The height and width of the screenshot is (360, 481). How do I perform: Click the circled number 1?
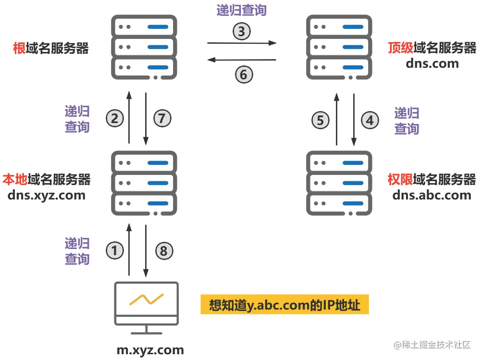point(115,250)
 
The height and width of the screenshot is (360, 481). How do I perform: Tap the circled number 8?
point(163,250)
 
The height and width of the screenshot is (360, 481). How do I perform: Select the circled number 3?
point(242,31)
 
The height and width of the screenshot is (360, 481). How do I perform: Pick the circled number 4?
point(370,120)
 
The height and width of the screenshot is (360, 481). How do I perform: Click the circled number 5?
point(321,120)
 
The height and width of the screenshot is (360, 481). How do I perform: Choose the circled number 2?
point(115,118)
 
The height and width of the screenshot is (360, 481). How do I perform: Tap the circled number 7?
point(162,118)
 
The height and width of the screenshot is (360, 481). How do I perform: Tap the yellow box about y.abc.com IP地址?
point(285,305)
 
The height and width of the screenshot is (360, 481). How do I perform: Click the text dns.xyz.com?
point(47,195)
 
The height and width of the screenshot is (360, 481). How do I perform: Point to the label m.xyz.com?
point(150,350)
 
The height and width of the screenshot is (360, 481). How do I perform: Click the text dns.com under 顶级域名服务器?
point(432,63)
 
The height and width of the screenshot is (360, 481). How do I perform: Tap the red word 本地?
point(14,180)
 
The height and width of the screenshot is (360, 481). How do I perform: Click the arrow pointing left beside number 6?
point(241,60)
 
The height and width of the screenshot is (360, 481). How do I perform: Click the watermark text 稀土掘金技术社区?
point(436,345)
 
